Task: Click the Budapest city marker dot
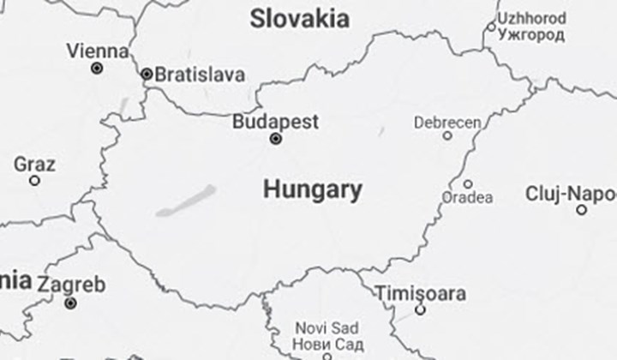pyautogui.click(x=276, y=138)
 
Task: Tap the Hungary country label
pyautogui.click(x=312, y=189)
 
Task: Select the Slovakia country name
pyautogui.click(x=299, y=19)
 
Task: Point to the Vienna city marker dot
pyautogui.click(x=97, y=68)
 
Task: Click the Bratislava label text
pyautogui.click(x=200, y=75)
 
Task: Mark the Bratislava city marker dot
pyautogui.click(x=147, y=75)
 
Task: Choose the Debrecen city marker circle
pyautogui.click(x=447, y=135)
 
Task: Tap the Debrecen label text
pyautogui.click(x=447, y=123)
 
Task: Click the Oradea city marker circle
pyautogui.click(x=468, y=183)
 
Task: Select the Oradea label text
pyautogui.click(x=468, y=198)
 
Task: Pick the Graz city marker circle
pyautogui.click(x=34, y=181)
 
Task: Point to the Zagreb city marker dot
pyautogui.click(x=70, y=303)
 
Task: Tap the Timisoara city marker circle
pyautogui.click(x=420, y=309)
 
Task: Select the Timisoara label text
pyautogui.click(x=421, y=293)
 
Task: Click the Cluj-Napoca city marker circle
pyautogui.click(x=582, y=210)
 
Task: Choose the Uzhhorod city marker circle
pyautogui.click(x=492, y=27)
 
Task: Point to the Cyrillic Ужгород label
pyautogui.click(x=532, y=35)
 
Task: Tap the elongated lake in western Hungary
pyautogui.click(x=188, y=201)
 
